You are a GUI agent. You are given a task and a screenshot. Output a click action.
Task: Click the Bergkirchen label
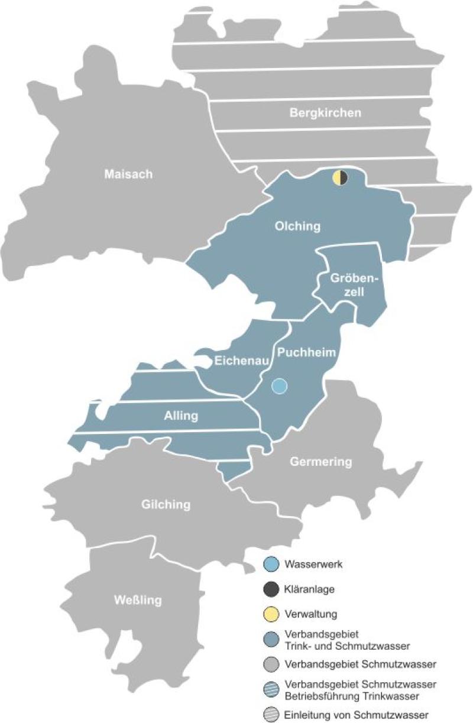tap(325, 112)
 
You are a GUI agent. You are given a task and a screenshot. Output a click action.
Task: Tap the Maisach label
tap(128, 174)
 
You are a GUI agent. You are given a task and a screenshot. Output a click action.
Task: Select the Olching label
tap(297, 226)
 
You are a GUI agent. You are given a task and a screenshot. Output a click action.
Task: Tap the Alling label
tap(181, 416)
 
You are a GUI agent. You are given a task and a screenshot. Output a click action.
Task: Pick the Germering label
tap(320, 462)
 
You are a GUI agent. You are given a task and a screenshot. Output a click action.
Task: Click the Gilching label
tap(166, 504)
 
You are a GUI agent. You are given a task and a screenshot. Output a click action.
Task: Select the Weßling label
tap(137, 601)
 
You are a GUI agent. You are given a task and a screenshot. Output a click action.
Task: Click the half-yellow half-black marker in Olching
tap(340, 177)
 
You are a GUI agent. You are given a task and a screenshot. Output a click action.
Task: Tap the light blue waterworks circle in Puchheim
tap(279, 386)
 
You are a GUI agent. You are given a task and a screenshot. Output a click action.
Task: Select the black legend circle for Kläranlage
tap(271, 589)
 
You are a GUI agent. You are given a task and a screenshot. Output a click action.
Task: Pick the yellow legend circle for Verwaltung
tap(271, 614)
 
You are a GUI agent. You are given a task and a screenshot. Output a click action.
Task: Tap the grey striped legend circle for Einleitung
tap(271, 714)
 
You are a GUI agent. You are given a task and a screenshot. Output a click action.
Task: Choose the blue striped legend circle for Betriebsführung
tap(271, 689)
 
